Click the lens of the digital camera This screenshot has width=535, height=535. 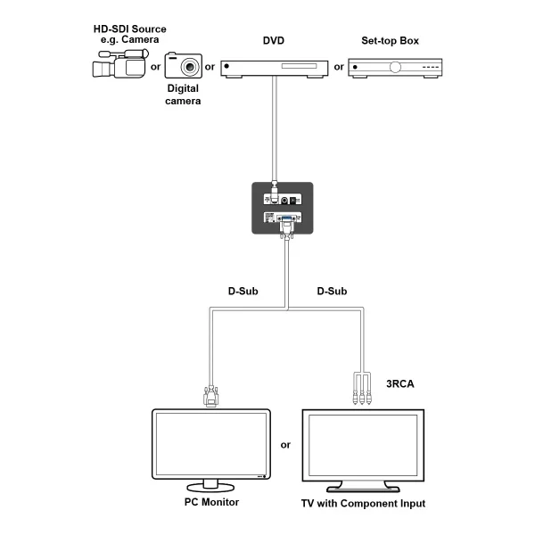190,68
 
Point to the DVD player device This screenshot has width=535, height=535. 273,67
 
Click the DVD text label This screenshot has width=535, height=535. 273,41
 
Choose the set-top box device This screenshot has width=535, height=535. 395,67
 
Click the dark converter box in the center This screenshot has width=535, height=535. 283,208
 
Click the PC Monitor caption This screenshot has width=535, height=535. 209,503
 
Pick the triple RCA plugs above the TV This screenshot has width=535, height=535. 363,391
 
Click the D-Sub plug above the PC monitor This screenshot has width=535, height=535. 211,395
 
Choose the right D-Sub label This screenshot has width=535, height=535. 332,292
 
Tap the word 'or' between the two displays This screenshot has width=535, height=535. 285,444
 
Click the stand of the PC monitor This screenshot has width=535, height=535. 211,486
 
